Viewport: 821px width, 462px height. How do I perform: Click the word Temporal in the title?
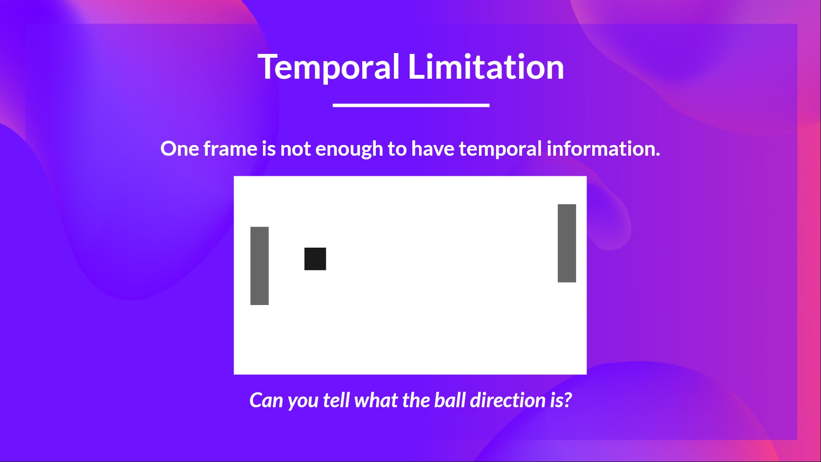click(x=328, y=67)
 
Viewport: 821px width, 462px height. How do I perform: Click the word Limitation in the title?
click(x=486, y=67)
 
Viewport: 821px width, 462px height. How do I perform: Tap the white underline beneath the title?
click(x=411, y=105)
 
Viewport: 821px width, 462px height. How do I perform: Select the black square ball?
click(x=315, y=259)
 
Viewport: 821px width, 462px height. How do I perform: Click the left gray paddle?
click(x=260, y=266)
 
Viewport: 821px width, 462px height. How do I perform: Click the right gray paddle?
click(x=567, y=243)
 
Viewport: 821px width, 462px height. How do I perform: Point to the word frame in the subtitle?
click(x=230, y=149)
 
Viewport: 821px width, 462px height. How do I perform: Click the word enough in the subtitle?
click(x=349, y=149)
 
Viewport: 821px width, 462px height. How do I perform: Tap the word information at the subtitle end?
click(x=603, y=149)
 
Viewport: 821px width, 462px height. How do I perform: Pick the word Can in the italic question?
click(x=266, y=400)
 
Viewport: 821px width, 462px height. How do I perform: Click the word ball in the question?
click(x=450, y=400)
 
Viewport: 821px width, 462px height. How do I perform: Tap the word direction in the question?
click(x=508, y=400)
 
